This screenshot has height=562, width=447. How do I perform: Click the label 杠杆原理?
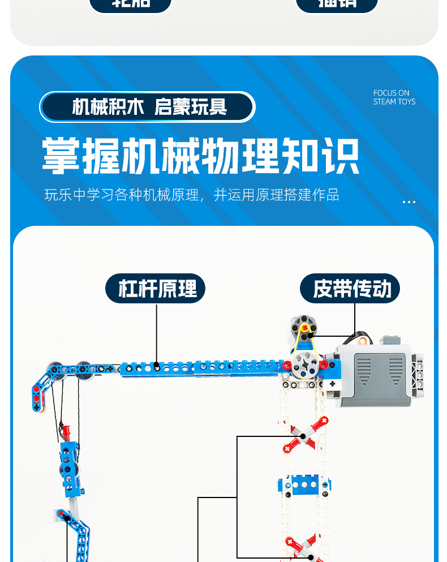(x=155, y=289)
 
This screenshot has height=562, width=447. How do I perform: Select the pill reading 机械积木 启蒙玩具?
(x=147, y=107)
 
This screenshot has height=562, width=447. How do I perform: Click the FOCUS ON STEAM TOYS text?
(x=394, y=97)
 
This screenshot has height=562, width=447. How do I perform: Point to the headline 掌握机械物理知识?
(x=201, y=156)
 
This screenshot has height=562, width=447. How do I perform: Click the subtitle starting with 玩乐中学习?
(x=192, y=195)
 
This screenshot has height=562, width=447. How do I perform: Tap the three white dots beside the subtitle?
(x=409, y=202)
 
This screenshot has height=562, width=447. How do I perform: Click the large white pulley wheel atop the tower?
(x=304, y=365)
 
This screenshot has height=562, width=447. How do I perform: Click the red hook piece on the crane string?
(x=67, y=432)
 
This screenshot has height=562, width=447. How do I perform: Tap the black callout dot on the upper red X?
(x=303, y=436)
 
